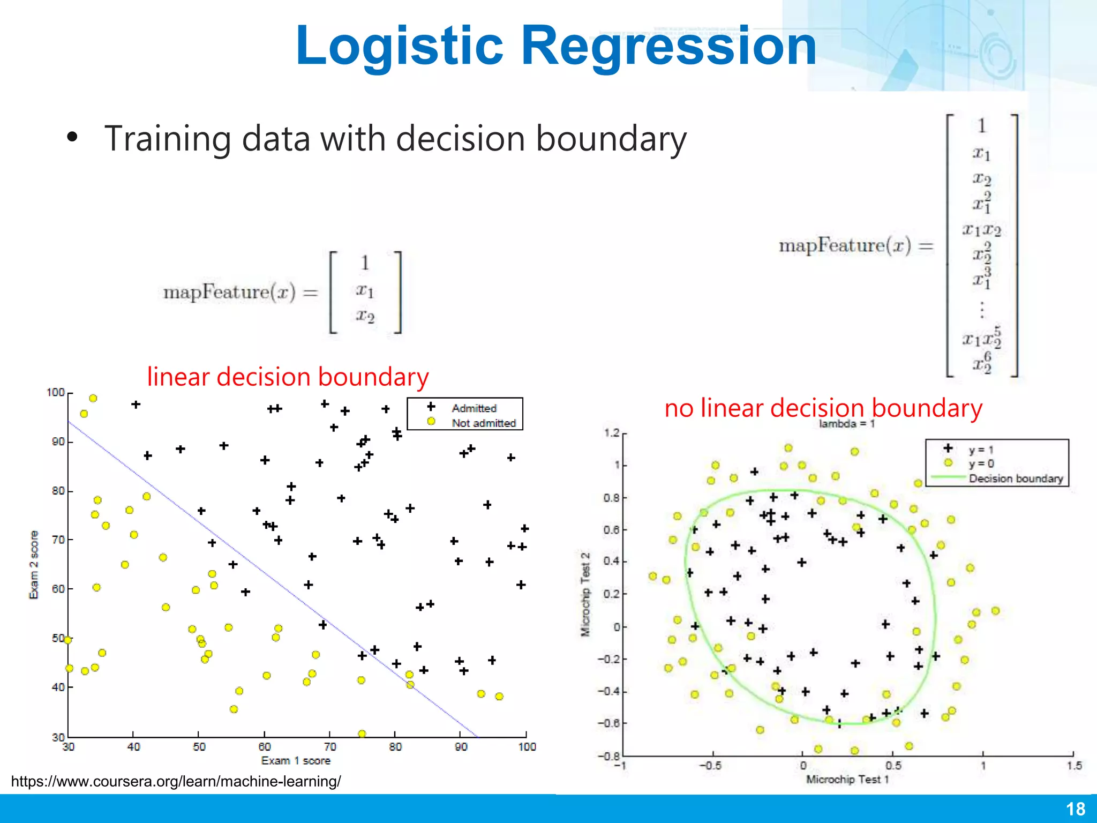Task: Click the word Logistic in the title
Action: point(399,46)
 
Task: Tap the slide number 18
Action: point(1075,809)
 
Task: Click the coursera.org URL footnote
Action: point(176,781)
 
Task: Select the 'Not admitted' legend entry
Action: point(483,423)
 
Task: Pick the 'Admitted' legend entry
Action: point(474,408)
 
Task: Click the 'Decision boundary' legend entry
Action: point(1015,478)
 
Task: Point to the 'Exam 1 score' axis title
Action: point(296,761)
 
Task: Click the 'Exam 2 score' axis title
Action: point(34,565)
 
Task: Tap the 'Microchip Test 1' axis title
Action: point(847,780)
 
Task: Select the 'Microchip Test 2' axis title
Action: point(585,594)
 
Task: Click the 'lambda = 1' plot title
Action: point(846,424)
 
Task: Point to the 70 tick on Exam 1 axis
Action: point(330,747)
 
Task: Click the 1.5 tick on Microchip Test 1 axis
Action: point(1074,765)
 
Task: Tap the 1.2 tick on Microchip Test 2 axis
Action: point(611,433)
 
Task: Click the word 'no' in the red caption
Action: point(679,408)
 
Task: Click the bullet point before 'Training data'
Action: point(72,137)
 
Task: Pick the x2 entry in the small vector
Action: point(365,316)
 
